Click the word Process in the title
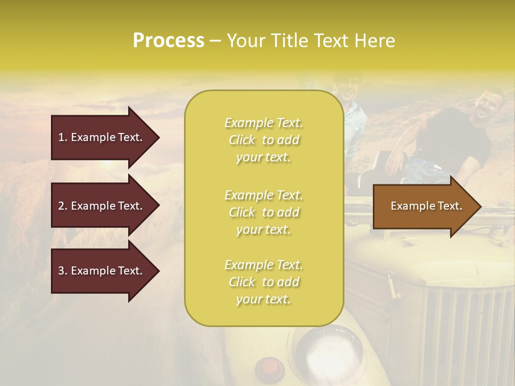(x=168, y=41)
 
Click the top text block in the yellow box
(x=263, y=140)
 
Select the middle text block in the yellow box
(x=263, y=212)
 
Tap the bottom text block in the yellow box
(x=263, y=282)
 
